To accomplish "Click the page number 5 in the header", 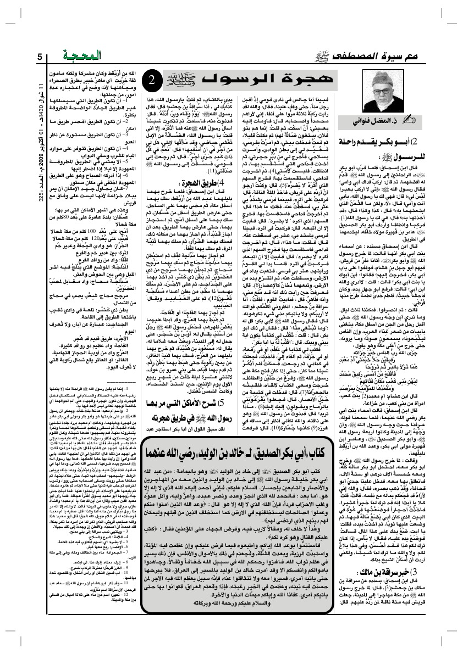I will (x=40, y=57).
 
